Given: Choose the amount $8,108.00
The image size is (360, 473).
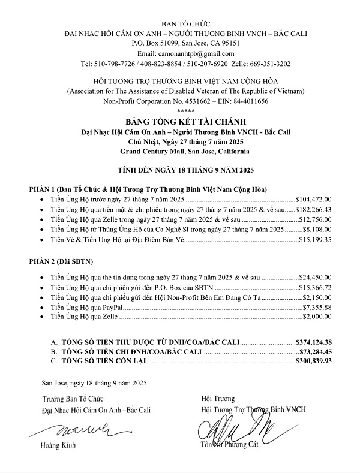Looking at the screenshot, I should coord(322,230).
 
